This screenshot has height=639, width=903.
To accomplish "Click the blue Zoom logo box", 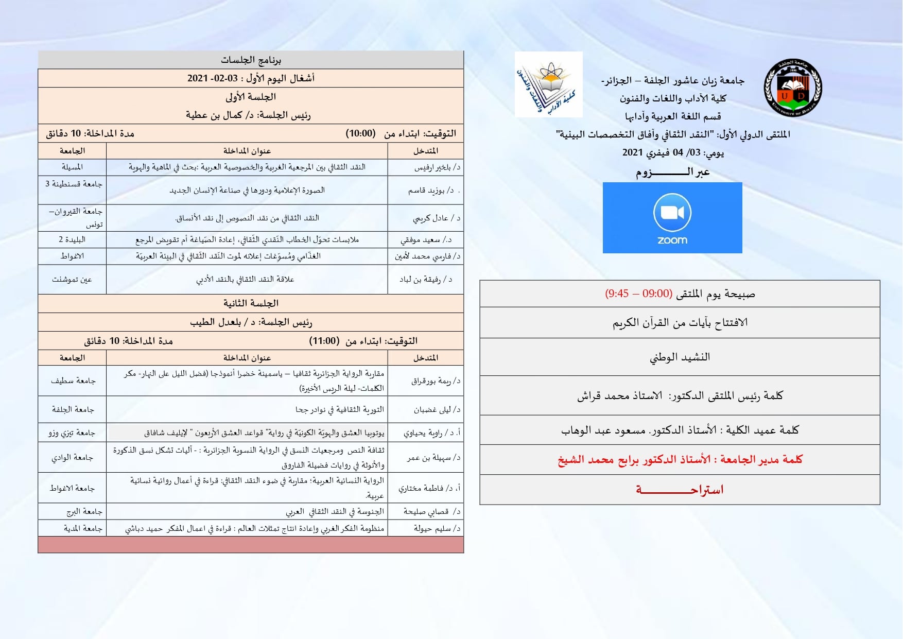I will tap(672, 218).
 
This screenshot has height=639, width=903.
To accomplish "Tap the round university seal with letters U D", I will tap(793, 88).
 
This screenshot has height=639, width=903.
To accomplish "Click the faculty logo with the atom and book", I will tap(549, 84).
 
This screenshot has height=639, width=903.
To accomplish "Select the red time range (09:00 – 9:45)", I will tap(638, 293).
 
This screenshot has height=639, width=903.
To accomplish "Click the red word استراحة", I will tap(680, 490).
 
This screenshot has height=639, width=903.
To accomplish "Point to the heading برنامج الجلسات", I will tap(251, 60).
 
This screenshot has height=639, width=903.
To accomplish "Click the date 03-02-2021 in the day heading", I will tap(213, 78).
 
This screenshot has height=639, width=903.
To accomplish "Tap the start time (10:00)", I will tap(360, 133).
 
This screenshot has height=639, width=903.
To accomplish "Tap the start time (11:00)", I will tap(324, 341).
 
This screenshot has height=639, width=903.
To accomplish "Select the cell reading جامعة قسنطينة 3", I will tap(74, 184).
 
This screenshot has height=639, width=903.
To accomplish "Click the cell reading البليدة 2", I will tap(72, 239).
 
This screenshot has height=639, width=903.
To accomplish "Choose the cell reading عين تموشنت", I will tap(72, 280).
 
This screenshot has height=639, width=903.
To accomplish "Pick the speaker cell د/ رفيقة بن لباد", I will tap(426, 280).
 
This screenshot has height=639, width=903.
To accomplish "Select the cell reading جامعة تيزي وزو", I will tap(72, 433).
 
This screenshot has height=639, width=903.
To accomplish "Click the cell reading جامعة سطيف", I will tap(73, 381).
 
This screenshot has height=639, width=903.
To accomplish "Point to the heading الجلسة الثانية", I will tap(251, 303).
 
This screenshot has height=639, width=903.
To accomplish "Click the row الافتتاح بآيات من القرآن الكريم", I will tap(680, 323).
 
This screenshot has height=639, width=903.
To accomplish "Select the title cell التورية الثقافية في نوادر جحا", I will tap(340, 410).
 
